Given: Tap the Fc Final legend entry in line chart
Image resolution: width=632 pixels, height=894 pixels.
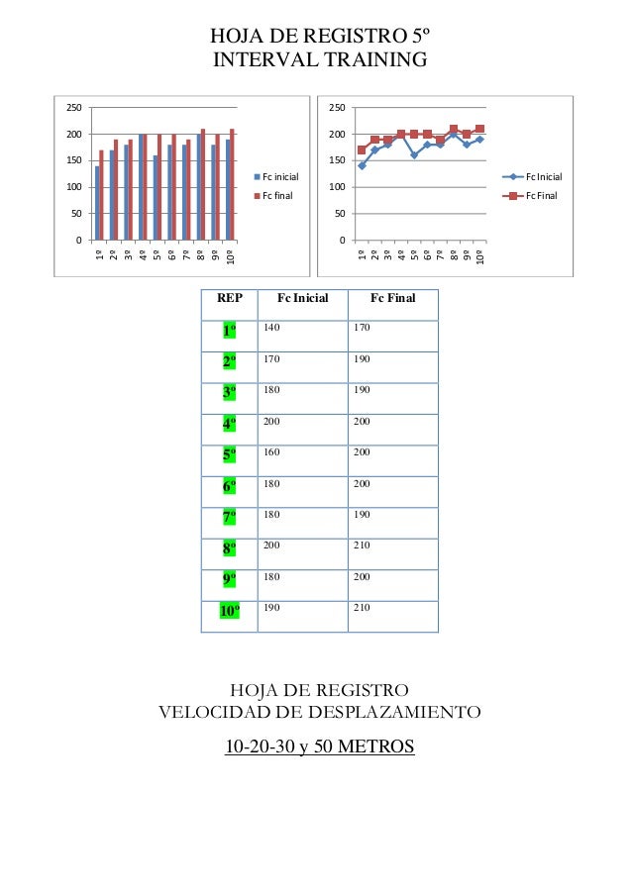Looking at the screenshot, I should click(x=541, y=195).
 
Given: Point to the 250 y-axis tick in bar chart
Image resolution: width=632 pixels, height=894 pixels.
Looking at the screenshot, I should click(x=72, y=108).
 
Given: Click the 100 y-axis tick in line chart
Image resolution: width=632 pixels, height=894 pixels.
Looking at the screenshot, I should click(x=336, y=187).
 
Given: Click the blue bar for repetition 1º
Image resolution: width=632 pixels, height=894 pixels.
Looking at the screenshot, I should click(x=96, y=203).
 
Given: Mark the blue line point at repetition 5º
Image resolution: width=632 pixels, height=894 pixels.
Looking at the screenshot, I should click(x=414, y=155).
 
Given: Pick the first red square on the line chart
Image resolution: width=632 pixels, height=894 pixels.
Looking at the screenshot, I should click(x=362, y=149).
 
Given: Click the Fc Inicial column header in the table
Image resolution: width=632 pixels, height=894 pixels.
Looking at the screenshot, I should click(x=301, y=298).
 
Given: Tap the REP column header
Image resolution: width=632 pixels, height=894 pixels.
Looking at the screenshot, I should click(x=229, y=298).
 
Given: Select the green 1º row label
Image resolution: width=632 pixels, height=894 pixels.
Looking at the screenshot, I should click(x=229, y=331).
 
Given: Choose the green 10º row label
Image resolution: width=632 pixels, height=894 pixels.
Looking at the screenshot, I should click(x=229, y=610).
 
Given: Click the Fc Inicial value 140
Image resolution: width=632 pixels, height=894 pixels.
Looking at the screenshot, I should click(x=271, y=328).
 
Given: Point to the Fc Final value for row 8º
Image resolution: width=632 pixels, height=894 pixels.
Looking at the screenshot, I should click(x=362, y=546).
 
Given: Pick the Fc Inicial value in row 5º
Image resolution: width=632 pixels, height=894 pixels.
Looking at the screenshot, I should click(x=271, y=452).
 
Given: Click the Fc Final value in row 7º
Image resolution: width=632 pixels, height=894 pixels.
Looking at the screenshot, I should click(x=362, y=515).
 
